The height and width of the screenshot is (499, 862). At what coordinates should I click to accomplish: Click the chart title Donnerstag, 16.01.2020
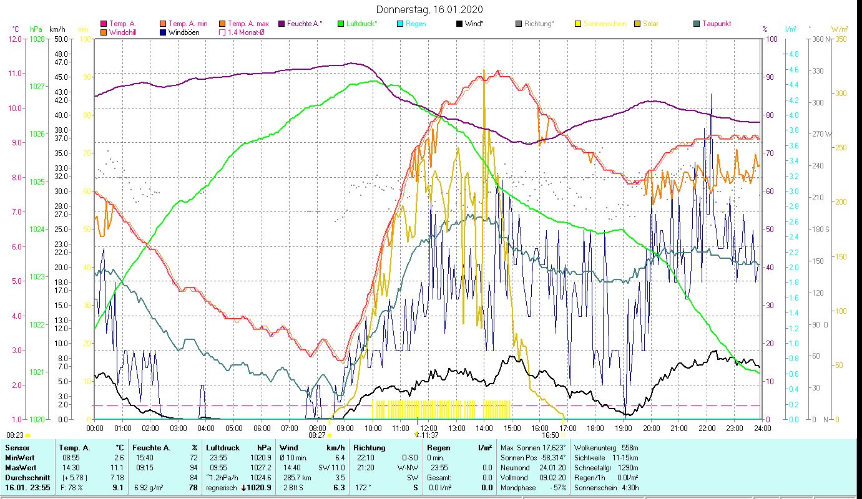[x=429, y=10]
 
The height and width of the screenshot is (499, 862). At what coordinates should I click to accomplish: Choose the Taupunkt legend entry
[x=716, y=24]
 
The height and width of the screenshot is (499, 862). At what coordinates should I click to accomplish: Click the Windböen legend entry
[x=184, y=32]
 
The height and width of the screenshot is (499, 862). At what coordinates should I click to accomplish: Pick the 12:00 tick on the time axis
[x=428, y=428]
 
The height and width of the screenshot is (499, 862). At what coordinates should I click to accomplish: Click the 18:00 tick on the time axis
[x=595, y=428]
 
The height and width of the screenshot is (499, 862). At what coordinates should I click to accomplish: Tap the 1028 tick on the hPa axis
[x=37, y=39]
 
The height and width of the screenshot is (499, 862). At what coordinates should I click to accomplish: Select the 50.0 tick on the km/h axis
[x=61, y=39]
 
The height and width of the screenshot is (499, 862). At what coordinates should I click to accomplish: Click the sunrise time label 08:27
[x=317, y=435]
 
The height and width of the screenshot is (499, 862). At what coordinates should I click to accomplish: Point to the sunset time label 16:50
[x=550, y=435]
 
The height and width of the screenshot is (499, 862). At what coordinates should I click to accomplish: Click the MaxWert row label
[x=21, y=467]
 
